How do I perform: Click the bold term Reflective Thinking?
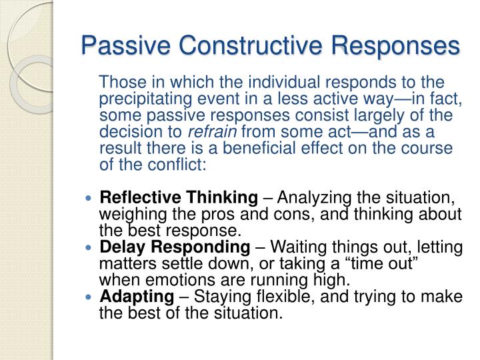point(178,198)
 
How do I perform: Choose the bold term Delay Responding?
point(175,247)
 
